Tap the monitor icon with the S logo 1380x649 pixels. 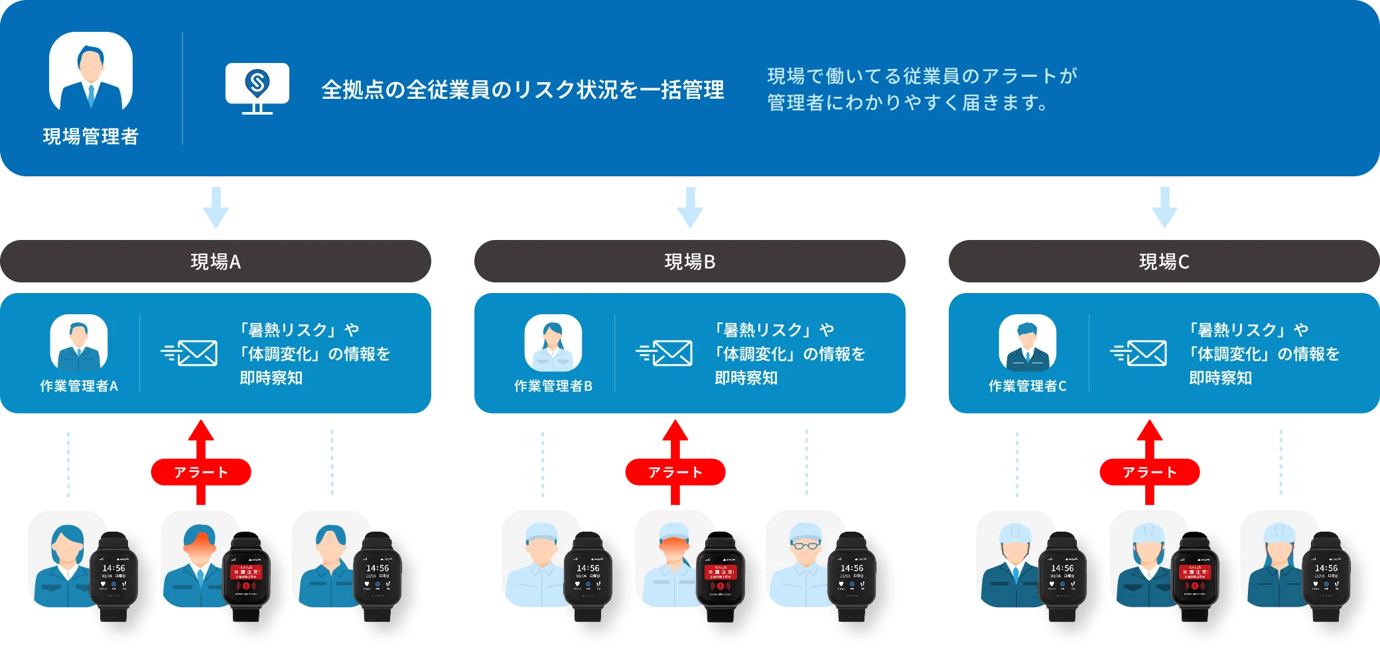(257, 87)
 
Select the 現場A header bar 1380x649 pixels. (216, 262)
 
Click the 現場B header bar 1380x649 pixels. (689, 262)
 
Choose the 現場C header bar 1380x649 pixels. (1163, 262)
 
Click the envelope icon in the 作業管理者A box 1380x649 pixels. (190, 353)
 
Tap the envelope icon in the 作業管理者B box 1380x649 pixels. (665, 353)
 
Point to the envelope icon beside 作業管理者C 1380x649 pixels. (1139, 353)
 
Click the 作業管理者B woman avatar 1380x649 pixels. (553, 343)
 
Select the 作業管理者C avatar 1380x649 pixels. (1027, 343)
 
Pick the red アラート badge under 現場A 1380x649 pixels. (201, 472)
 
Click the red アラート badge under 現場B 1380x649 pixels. (675, 472)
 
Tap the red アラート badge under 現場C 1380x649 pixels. (1150, 472)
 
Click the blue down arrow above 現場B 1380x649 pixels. (689, 208)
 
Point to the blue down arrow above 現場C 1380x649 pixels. (1164, 208)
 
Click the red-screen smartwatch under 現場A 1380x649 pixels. (246, 575)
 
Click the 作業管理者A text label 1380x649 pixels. (79, 386)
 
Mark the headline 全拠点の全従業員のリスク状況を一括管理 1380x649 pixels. (523, 89)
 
